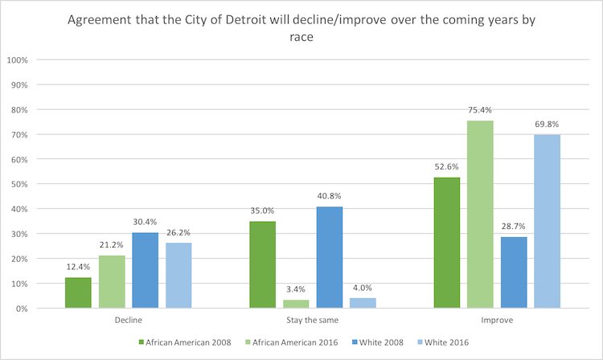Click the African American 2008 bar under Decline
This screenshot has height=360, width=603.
pos(79,292)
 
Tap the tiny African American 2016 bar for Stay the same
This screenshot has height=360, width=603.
pos(296,304)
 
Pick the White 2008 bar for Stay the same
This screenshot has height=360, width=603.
pos(330,257)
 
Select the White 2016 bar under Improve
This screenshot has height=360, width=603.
pos(547,221)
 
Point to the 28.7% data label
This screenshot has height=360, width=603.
pos(513,228)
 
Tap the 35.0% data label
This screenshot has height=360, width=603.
pos(263,212)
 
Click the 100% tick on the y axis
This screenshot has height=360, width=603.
pos(18,60)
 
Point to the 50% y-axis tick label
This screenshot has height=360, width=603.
pos(19,184)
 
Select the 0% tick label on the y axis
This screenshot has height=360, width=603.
pos(22,309)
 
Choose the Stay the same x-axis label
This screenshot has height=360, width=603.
pos(313,320)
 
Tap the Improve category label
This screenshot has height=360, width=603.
pos(497,320)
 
